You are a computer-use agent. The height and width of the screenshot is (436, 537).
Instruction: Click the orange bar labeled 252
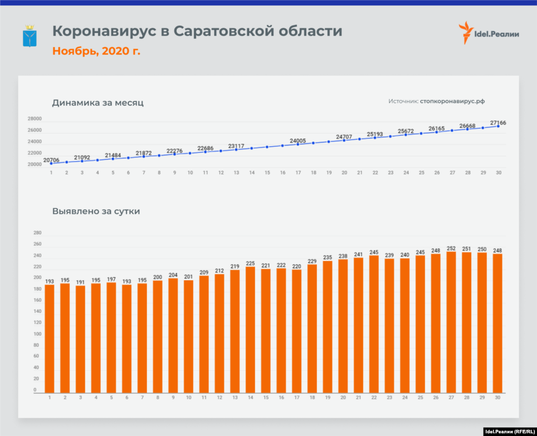coord(451,322)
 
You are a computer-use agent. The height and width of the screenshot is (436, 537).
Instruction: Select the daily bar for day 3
coord(80,339)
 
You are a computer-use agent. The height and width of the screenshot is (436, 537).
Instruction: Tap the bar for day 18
coord(312,328)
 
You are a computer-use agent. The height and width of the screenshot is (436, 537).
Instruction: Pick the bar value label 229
coord(312,261)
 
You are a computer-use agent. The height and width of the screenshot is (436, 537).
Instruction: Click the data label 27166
coord(498,123)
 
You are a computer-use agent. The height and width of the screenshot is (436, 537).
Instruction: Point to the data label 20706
coord(51,160)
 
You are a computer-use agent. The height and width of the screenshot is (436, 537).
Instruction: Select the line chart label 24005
coord(297,141)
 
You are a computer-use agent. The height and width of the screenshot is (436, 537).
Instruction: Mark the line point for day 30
coord(498,126)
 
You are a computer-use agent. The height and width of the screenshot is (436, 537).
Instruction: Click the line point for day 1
coord(51,163)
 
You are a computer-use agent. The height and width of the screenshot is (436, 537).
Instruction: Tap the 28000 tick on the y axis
coord(35,119)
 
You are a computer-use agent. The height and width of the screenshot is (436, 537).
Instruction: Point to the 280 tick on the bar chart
coord(37,233)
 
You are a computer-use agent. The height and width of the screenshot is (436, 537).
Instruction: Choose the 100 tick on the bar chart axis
coord(37,334)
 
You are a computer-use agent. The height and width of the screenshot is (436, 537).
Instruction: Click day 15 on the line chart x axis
coord(267,172)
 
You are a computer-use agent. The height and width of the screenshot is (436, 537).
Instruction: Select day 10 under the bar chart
coord(188,398)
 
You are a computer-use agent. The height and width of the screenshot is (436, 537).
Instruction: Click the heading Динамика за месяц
coord(98,103)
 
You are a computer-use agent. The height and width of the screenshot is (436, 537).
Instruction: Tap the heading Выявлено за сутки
coord(96,212)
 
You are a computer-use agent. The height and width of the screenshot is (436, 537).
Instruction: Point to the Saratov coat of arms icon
coord(29,36)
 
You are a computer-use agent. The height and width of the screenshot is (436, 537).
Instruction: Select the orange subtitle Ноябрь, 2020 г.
coord(96,51)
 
